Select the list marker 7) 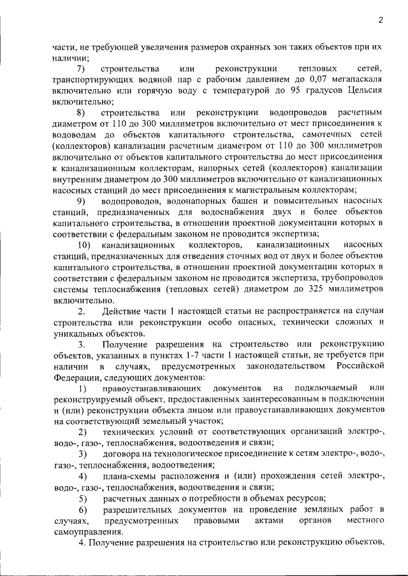point(81,69)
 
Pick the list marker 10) point(83,245)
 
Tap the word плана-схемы point(127,476)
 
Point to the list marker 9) point(81,200)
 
